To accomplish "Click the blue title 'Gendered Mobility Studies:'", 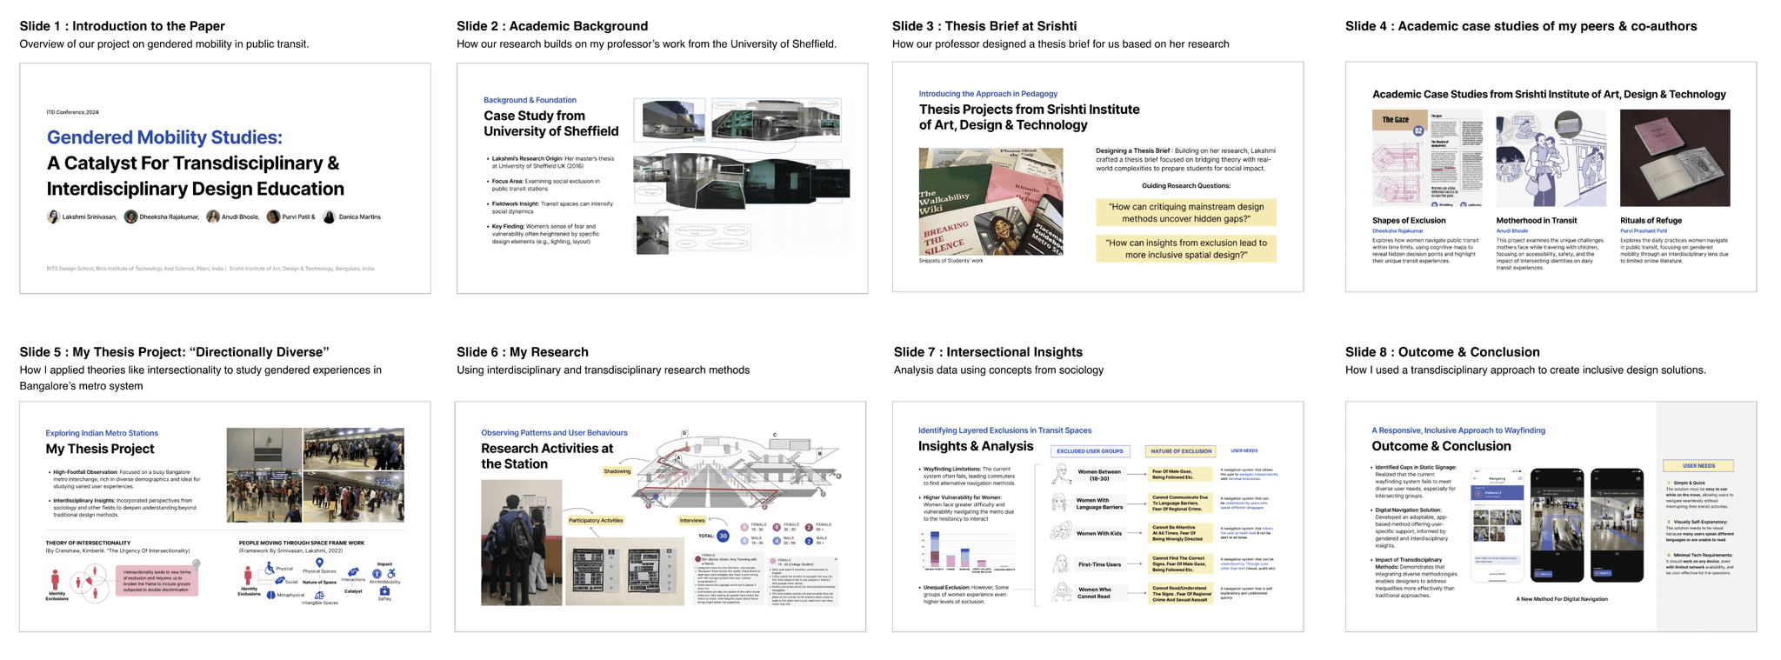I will [164, 137].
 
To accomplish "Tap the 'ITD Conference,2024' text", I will [73, 112].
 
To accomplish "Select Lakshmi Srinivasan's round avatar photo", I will [53, 217].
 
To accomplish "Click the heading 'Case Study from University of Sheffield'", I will [550, 123].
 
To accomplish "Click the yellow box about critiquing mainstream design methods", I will [1186, 212].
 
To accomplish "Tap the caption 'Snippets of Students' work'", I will [951, 261].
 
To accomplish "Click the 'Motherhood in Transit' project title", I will [1536, 221].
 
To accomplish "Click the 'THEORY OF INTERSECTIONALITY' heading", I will [88, 543].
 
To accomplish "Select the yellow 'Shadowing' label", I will [617, 471].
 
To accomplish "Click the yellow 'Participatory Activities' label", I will [596, 520].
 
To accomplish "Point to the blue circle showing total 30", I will [723, 536].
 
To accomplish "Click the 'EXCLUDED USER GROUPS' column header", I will [1090, 451].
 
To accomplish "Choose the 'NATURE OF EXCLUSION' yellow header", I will [1181, 451].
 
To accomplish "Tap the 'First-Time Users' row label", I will [1099, 564].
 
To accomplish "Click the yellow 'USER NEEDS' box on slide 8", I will [1698, 465].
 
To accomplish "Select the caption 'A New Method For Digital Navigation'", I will [1561, 598].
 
